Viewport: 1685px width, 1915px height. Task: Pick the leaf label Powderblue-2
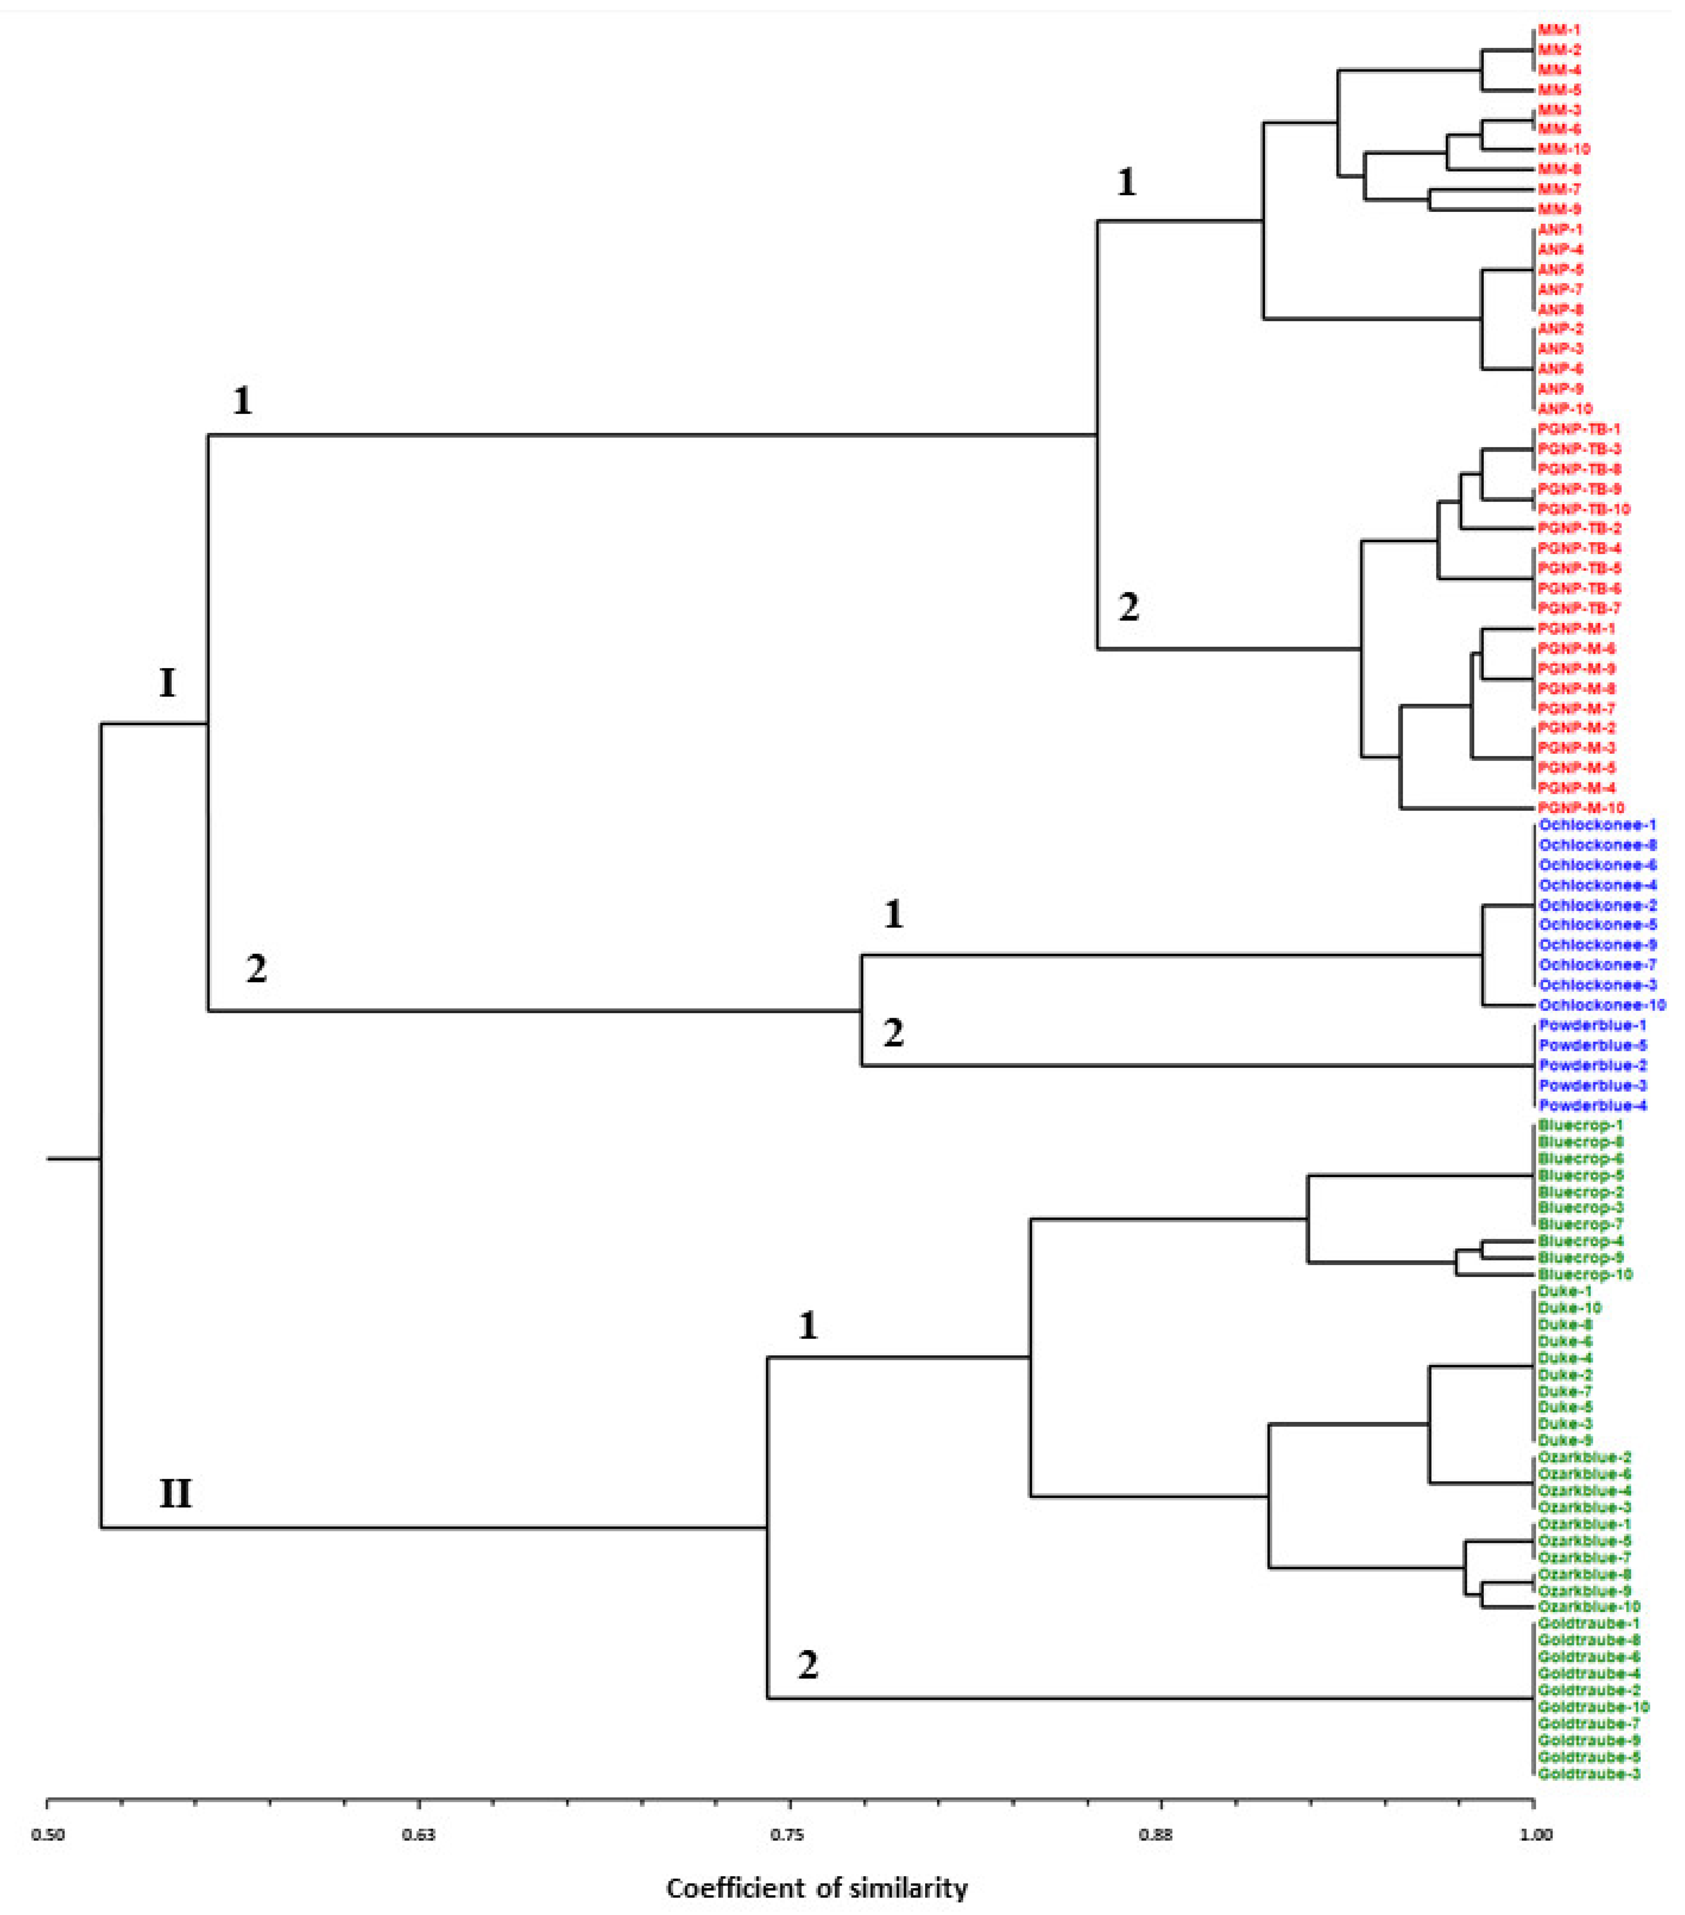pyautogui.click(x=1592, y=1065)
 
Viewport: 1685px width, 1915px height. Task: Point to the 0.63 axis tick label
pyautogui.click(x=419, y=1834)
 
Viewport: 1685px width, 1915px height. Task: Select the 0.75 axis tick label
pyautogui.click(x=790, y=1834)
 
